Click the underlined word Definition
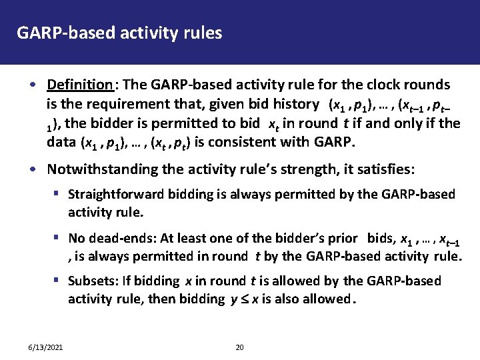tap(80, 85)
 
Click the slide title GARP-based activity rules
tap(119, 33)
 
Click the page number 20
tap(240, 347)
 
